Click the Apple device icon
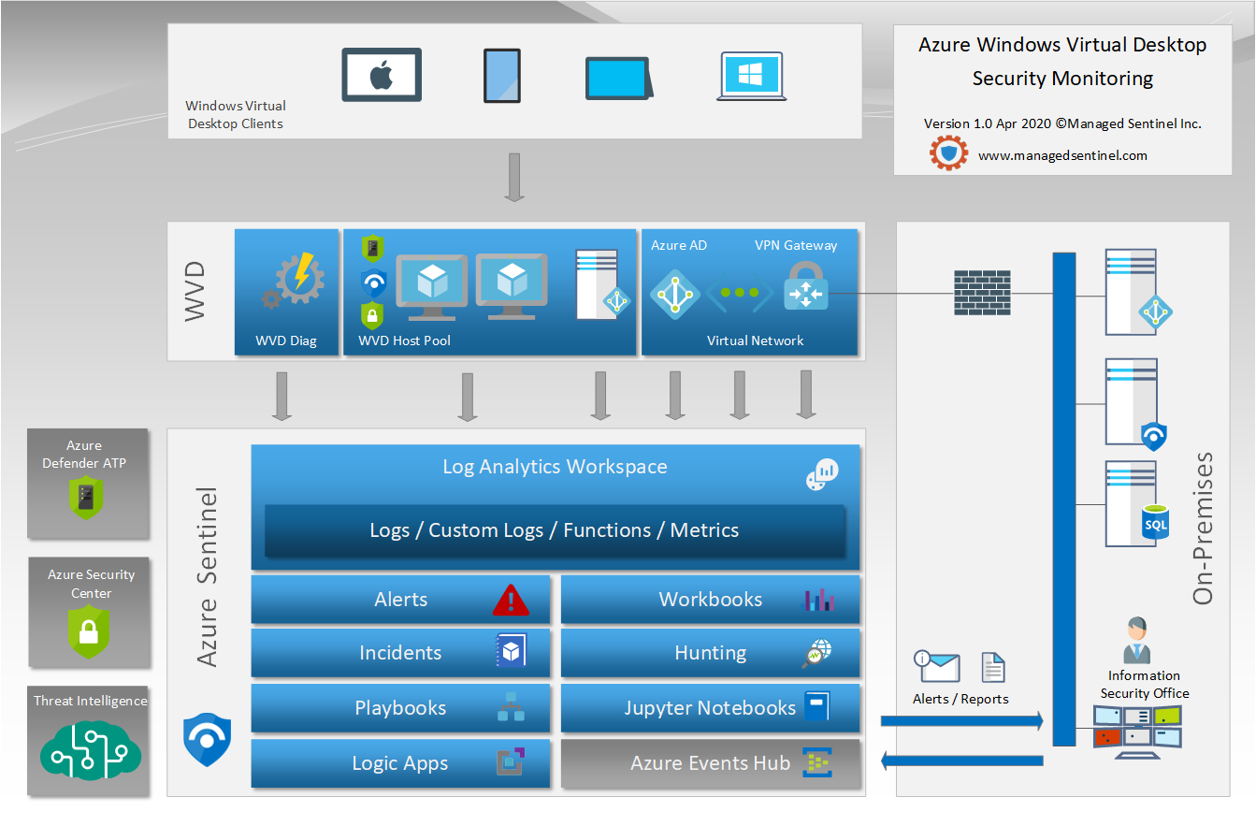(382, 75)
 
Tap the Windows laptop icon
(751, 77)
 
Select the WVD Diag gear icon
(294, 280)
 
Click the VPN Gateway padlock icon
(806, 286)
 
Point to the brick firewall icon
(982, 292)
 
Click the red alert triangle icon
(511, 600)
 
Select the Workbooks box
(710, 600)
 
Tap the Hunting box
(710, 653)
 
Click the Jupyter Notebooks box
(710, 708)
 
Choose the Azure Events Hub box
(710, 763)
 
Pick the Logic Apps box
(400, 763)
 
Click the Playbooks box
(400, 708)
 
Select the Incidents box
(400, 653)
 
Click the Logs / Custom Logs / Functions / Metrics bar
(555, 530)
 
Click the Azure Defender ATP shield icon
(86, 498)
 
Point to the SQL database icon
(1155, 522)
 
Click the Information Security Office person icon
(1137, 640)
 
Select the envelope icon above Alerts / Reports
(936, 667)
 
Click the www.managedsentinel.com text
(1062, 155)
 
